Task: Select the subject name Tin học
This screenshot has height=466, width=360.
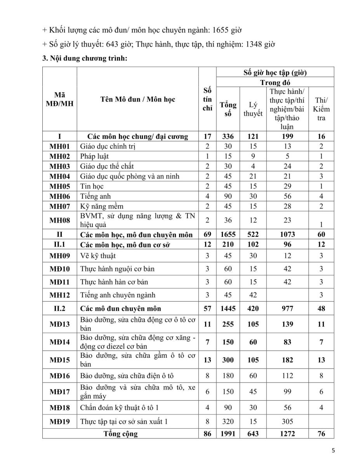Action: pyautogui.click(x=90, y=186)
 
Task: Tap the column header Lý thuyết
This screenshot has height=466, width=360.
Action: pyautogui.click(x=253, y=109)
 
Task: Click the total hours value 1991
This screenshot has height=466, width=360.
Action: pyautogui.click(x=228, y=434)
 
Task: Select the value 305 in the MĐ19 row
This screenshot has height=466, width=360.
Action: pyautogui.click(x=287, y=421)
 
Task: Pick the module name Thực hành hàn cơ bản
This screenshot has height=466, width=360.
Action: pyautogui.click(x=114, y=282)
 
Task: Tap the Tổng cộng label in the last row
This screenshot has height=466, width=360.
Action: pyautogui.click(x=120, y=434)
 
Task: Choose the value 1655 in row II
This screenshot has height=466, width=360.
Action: pyautogui.click(x=228, y=234)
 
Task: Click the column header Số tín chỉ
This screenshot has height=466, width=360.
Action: pyautogui.click(x=207, y=99)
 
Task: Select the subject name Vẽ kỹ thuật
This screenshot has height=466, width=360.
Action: pyautogui.click(x=98, y=256)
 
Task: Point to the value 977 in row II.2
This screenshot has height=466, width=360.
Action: pyautogui.click(x=287, y=309)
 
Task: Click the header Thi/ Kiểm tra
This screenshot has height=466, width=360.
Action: pyautogui.click(x=321, y=109)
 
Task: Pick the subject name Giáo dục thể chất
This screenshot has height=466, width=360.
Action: pyautogui.click(x=107, y=166)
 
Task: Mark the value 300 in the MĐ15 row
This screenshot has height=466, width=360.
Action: pyautogui.click(x=228, y=360)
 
